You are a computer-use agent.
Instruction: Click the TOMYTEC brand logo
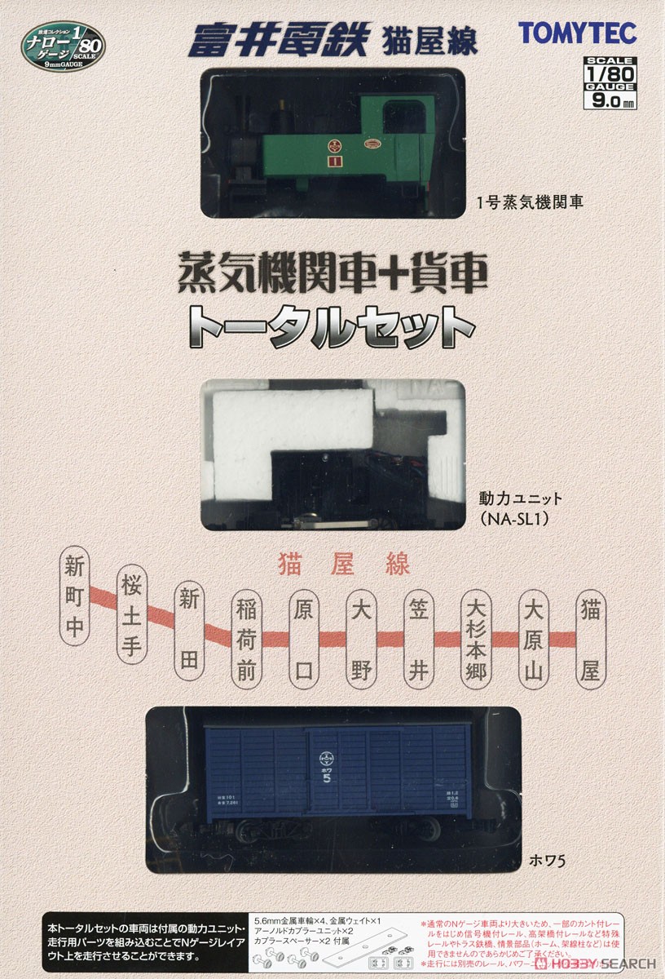point(578,32)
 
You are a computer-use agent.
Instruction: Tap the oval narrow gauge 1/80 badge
point(64,45)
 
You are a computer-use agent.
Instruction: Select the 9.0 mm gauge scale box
point(610,82)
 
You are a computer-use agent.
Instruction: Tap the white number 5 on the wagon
point(327,777)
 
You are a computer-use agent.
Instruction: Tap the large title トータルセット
point(333,328)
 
